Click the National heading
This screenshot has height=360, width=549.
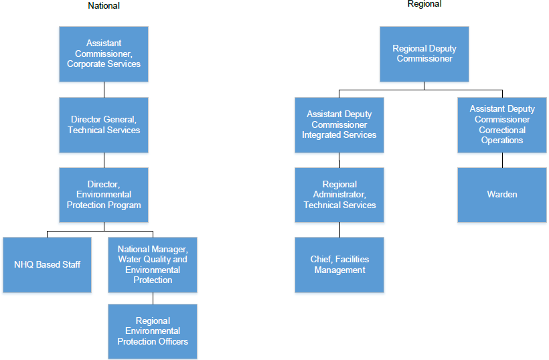[x=104, y=6]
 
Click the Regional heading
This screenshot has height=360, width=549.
[x=424, y=4]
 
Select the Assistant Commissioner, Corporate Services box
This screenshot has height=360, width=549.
[x=104, y=54]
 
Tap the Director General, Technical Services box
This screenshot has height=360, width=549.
[x=104, y=124]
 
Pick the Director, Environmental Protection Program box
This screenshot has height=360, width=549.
[x=104, y=195]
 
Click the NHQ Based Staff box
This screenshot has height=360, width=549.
[x=47, y=264]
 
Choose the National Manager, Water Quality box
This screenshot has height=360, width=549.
[x=153, y=264]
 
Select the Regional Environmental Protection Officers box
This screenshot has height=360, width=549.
[x=153, y=331]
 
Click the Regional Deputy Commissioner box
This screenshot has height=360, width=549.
[x=424, y=54]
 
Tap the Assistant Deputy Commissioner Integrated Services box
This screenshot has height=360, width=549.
[x=339, y=124]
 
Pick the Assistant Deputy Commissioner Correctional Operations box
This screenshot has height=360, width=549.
[x=502, y=124]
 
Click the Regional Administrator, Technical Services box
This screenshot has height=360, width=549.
[x=339, y=195]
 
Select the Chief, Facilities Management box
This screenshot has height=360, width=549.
[x=339, y=264]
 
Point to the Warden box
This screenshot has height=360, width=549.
[x=502, y=195]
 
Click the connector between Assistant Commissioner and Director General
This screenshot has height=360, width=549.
[x=104, y=90]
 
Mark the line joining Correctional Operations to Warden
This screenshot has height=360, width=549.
[x=502, y=160]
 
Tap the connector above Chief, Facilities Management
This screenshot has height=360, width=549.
[x=339, y=230]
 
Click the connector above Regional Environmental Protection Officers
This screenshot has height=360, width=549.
[x=153, y=298]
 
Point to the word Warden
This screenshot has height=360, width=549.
[x=502, y=195]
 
